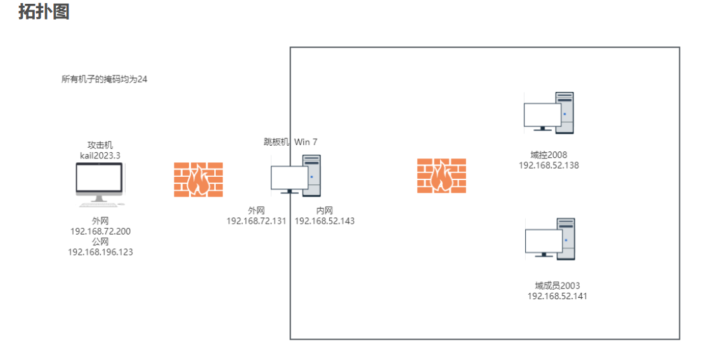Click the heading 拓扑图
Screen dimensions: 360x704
(44, 11)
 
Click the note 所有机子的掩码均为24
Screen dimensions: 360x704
(104, 79)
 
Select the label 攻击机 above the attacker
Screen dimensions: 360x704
(100, 146)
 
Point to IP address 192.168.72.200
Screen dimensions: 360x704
(101, 231)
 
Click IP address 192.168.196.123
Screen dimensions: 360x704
(101, 252)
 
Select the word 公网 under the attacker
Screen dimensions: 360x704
(100, 241)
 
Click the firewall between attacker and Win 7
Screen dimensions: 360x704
(199, 179)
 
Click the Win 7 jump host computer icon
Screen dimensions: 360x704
(296, 176)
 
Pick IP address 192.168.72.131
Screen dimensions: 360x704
(256, 221)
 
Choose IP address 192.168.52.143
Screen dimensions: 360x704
(325, 221)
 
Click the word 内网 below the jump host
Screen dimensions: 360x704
(325, 210)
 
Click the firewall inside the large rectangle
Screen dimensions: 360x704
(441, 176)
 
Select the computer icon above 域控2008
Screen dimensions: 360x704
(549, 113)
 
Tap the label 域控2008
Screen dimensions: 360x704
(549, 155)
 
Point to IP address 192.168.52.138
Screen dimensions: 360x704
(549, 165)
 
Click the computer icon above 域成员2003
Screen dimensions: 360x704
(550, 239)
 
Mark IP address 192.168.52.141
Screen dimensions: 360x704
(557, 295)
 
